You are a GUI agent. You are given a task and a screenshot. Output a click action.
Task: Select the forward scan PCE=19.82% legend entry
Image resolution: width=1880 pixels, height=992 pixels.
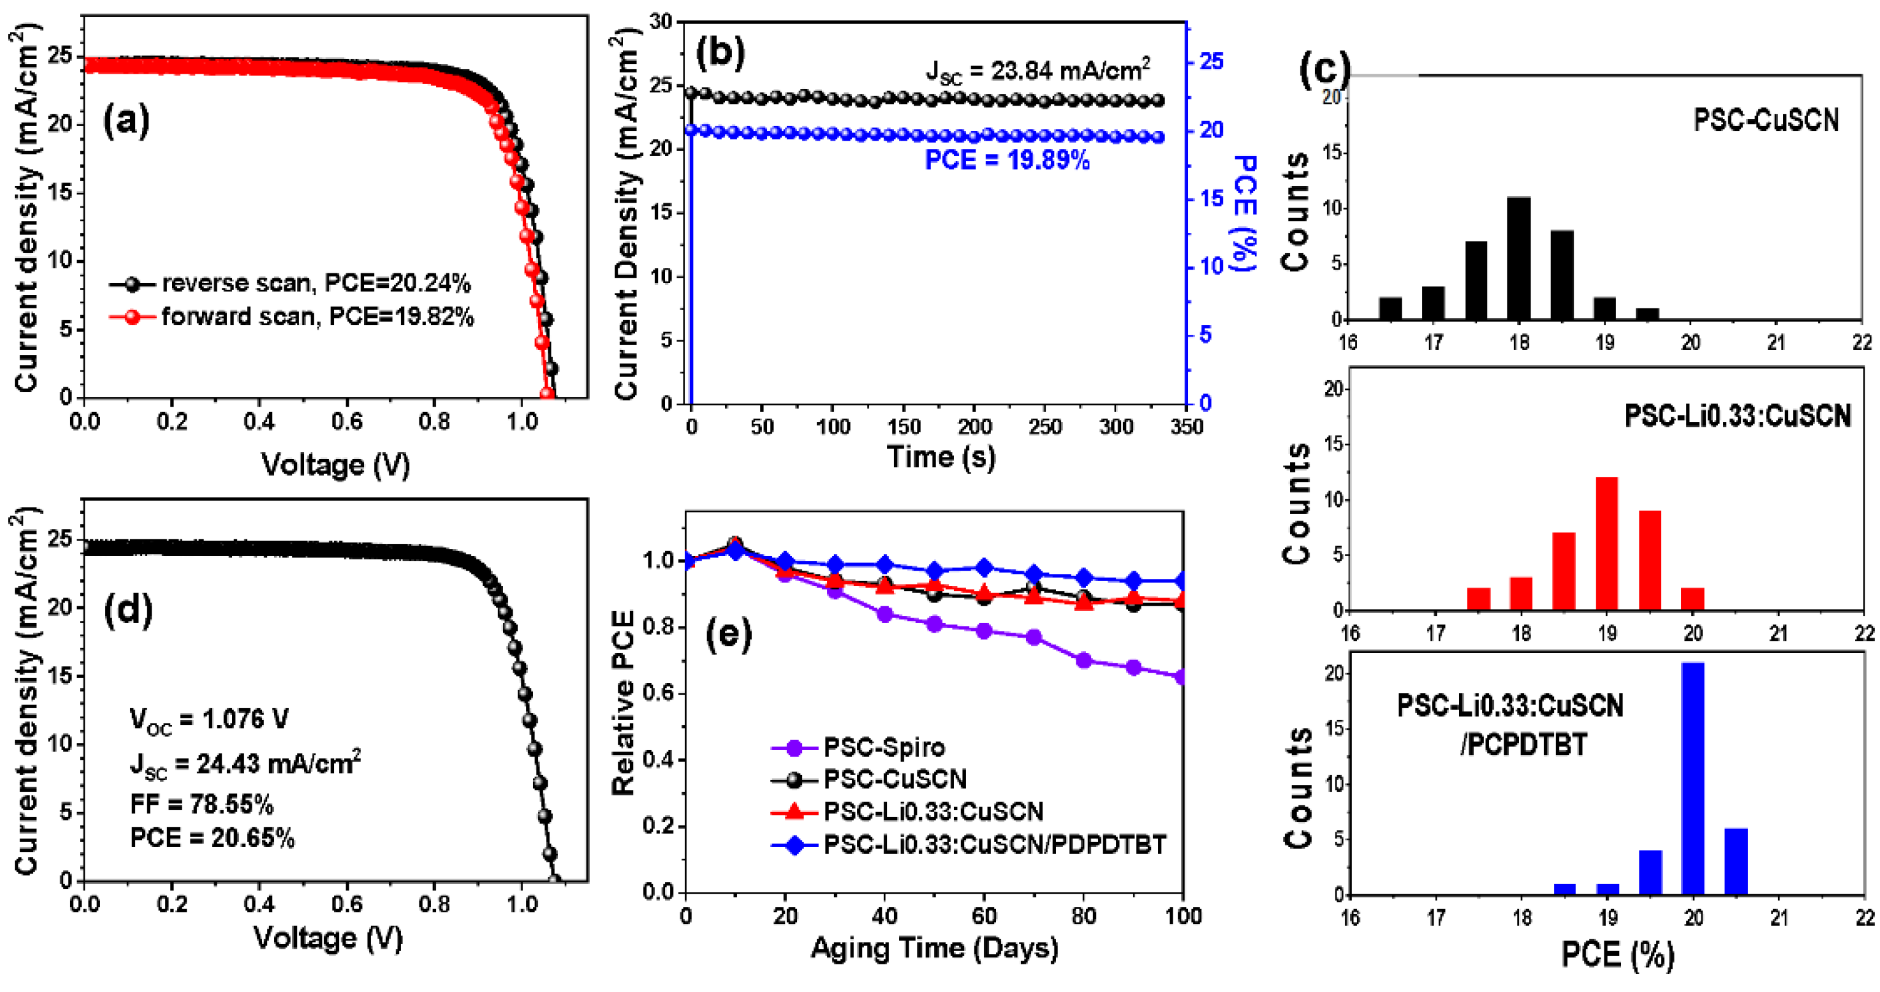click(x=292, y=317)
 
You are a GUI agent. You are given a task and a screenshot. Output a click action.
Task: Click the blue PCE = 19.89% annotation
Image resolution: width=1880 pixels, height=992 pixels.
click(x=1007, y=160)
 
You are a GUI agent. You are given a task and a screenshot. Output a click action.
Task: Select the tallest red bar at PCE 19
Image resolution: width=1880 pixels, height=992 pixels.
click(x=1606, y=543)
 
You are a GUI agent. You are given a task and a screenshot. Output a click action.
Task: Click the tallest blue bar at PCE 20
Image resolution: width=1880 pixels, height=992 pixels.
click(x=1693, y=778)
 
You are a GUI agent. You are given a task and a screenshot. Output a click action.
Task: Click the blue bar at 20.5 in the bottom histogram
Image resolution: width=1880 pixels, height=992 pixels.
click(x=1736, y=861)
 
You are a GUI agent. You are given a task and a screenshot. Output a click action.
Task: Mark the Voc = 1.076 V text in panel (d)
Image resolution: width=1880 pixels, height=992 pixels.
click(x=209, y=720)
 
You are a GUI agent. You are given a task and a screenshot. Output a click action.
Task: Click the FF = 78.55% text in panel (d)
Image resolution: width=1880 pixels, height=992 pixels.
click(x=201, y=805)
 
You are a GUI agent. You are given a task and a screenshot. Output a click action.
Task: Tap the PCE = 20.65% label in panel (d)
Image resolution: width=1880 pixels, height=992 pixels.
click(x=212, y=838)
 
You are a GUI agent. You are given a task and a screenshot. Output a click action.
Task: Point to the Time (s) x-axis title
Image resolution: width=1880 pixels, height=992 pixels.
click(x=941, y=458)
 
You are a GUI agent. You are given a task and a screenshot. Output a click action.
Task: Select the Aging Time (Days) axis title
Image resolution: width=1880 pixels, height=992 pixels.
click(x=934, y=948)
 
